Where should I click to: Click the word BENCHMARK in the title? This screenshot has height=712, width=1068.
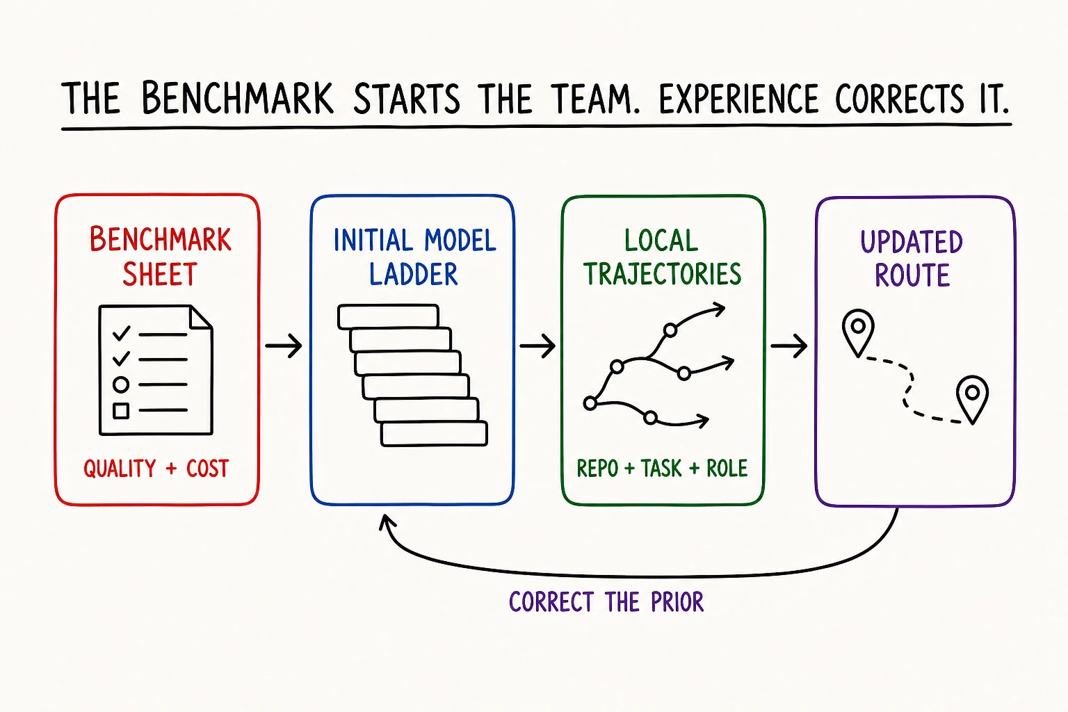[237, 98]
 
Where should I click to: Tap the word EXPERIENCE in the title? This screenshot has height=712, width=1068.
[738, 99]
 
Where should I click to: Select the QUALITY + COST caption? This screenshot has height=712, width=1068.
[156, 468]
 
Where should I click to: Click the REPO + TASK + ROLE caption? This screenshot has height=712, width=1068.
[662, 468]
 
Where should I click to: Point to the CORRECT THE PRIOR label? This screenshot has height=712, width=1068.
[606, 601]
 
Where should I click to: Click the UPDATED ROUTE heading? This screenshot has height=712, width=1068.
[912, 259]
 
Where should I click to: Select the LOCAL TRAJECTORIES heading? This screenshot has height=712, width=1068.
[663, 257]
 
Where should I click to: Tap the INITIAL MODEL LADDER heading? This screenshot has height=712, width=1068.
[414, 257]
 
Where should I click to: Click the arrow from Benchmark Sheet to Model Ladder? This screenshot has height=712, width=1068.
[284, 346]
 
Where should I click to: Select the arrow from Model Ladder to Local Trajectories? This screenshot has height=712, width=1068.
[537, 346]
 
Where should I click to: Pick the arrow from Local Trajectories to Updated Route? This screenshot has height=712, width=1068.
[789, 346]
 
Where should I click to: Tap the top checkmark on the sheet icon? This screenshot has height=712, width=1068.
[121, 332]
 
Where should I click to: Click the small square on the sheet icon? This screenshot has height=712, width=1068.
[121, 411]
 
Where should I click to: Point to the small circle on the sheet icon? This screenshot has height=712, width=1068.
[121, 385]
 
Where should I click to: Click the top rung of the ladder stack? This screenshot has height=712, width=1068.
[388, 316]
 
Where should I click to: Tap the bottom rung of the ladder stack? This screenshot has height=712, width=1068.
[434, 433]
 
